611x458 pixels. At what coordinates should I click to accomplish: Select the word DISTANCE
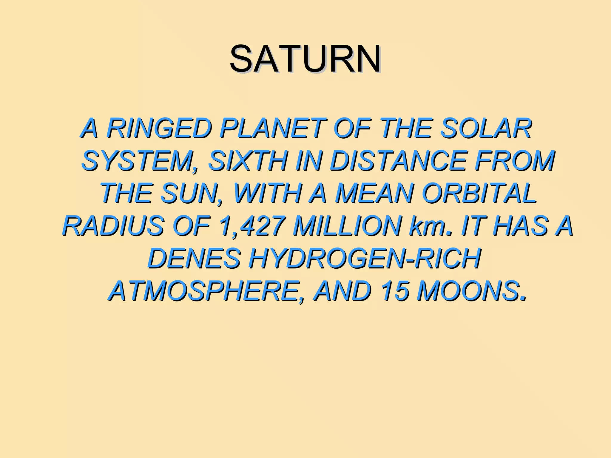(398, 161)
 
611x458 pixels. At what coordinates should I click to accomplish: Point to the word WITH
(267, 194)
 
